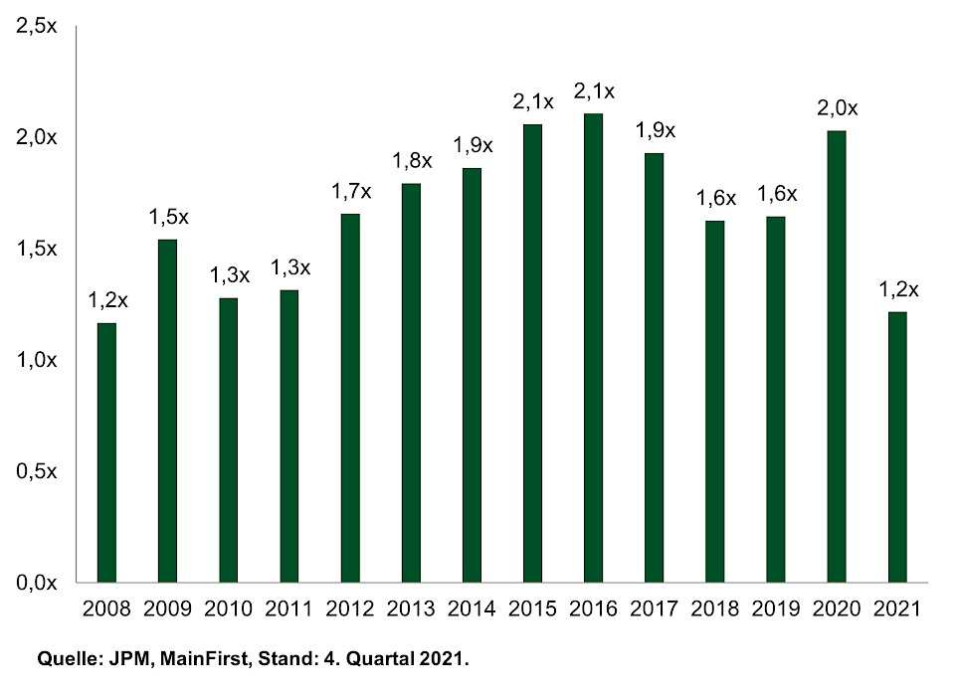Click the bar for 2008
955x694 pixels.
[x=106, y=452]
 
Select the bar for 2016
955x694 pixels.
[x=593, y=347]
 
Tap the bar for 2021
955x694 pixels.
[x=897, y=446]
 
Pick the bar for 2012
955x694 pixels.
[x=350, y=398]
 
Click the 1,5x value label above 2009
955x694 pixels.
[x=168, y=216]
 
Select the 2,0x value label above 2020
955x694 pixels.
[x=837, y=107]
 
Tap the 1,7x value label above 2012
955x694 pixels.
[x=351, y=191]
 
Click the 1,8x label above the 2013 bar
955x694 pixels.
[x=412, y=160]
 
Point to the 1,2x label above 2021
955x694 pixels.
[x=898, y=289]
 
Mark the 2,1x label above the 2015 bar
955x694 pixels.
[x=533, y=100]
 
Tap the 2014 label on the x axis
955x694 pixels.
[x=472, y=608]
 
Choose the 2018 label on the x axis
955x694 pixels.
[x=715, y=608]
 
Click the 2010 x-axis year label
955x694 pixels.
[x=228, y=608]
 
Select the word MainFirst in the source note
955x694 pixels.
[x=183, y=658]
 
